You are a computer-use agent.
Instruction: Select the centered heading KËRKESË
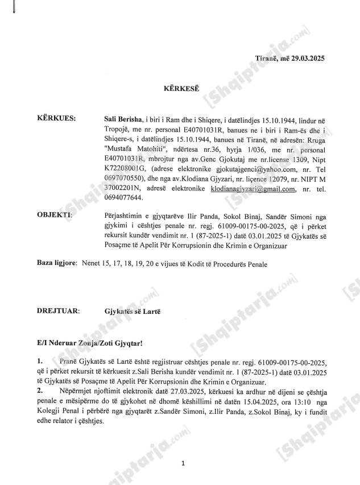[180, 89]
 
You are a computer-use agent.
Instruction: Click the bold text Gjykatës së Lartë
[133, 312]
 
